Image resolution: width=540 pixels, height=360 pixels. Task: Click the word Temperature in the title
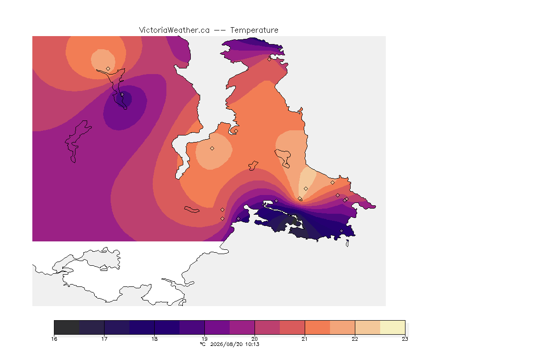254,30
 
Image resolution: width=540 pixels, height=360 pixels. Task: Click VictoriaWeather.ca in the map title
174,30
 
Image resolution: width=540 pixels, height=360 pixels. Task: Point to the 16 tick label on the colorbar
54,339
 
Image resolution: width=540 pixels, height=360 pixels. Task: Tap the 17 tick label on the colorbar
105,339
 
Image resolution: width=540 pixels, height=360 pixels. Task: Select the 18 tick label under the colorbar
154,339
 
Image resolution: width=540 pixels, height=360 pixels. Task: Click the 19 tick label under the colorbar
204,339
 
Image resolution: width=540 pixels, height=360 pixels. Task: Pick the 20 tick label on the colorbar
255,339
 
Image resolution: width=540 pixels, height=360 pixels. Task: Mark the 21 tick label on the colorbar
304,339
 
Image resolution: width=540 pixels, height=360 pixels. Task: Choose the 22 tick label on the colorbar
355,339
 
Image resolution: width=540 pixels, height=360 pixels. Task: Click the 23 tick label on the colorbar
405,339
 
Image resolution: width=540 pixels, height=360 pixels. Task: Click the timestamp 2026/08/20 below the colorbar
226,344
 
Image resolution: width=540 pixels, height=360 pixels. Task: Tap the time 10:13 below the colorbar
252,344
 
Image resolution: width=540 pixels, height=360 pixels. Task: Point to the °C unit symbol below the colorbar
203,344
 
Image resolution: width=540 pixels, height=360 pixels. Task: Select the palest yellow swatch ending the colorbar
393,327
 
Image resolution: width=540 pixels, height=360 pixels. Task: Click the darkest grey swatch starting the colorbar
67,327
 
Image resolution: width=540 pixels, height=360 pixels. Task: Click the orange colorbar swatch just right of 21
317,327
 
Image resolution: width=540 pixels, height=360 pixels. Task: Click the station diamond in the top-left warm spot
108,69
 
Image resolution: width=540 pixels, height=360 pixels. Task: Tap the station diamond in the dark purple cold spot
122,94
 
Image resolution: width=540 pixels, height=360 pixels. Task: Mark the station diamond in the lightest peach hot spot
306,189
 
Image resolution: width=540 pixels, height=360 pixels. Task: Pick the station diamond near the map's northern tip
270,59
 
